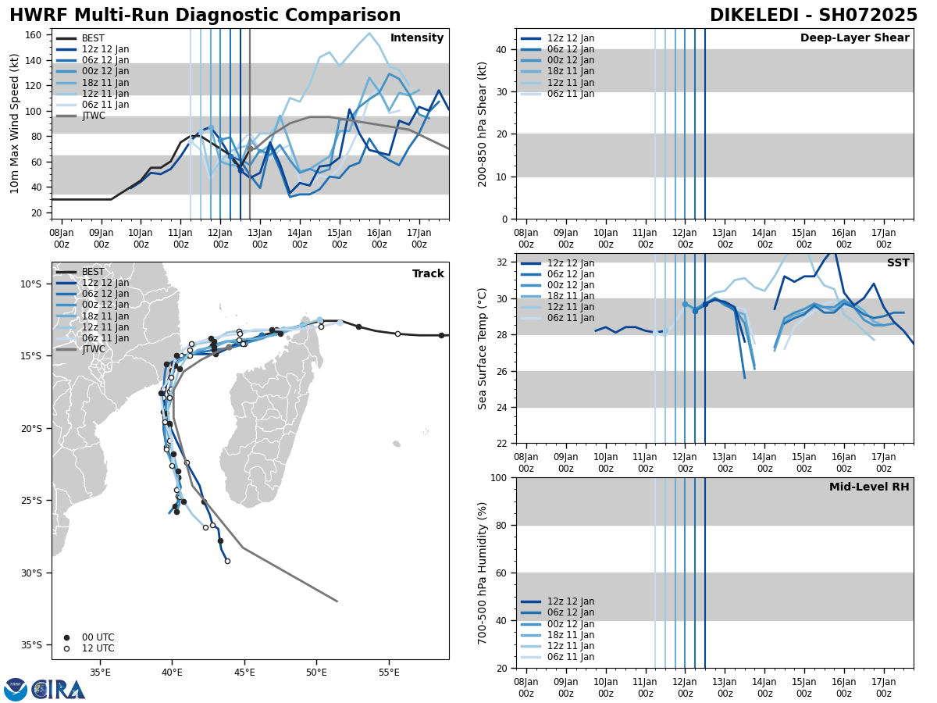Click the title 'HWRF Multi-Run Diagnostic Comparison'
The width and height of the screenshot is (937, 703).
pos(205,16)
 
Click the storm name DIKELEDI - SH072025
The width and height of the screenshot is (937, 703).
pos(813,16)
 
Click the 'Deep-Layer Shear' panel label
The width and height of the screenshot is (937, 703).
pos(854,38)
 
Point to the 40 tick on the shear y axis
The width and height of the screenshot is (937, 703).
pos(503,49)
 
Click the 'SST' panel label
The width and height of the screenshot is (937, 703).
pos(898,263)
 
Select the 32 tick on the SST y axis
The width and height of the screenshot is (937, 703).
pos(503,262)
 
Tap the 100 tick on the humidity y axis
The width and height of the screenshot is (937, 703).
pos(500,477)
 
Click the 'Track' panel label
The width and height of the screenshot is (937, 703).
pos(428,274)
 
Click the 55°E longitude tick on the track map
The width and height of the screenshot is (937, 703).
pos(389,673)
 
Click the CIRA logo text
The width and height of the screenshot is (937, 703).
pos(58,690)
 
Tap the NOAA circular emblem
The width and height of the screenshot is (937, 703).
pos(16,690)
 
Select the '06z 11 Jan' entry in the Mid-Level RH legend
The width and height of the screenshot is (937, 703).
pos(569,657)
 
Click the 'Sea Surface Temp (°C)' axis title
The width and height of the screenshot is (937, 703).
pos(483,348)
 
